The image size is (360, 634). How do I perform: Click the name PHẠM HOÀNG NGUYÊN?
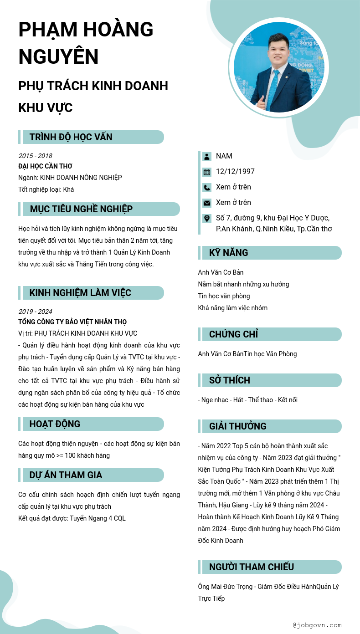(x=86, y=43)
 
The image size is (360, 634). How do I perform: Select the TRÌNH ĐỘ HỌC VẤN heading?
(x=71, y=137)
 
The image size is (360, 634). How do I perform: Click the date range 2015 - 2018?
(x=35, y=156)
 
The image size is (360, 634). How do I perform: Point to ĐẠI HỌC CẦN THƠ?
(x=45, y=166)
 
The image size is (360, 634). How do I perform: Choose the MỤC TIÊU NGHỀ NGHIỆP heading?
(x=81, y=209)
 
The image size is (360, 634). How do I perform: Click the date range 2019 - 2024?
(x=35, y=312)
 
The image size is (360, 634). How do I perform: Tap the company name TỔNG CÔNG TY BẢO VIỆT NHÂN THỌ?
(x=72, y=322)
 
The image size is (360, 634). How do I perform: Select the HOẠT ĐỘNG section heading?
(x=55, y=424)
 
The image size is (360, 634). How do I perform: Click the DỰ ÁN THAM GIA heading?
(x=66, y=475)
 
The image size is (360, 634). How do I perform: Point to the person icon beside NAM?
(x=207, y=156)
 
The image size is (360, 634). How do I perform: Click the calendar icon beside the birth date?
(x=207, y=172)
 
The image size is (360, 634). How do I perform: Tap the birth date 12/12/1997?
(x=235, y=172)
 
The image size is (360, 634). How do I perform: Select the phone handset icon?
(x=207, y=187)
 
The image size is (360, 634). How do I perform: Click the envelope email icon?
(x=207, y=203)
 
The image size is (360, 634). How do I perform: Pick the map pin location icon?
(x=207, y=218)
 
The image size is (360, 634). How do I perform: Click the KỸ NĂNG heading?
(x=229, y=253)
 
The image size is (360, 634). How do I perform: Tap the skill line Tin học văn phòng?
(x=224, y=296)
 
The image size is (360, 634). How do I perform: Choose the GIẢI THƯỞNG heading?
(x=238, y=426)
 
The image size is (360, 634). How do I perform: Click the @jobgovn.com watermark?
(x=317, y=625)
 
